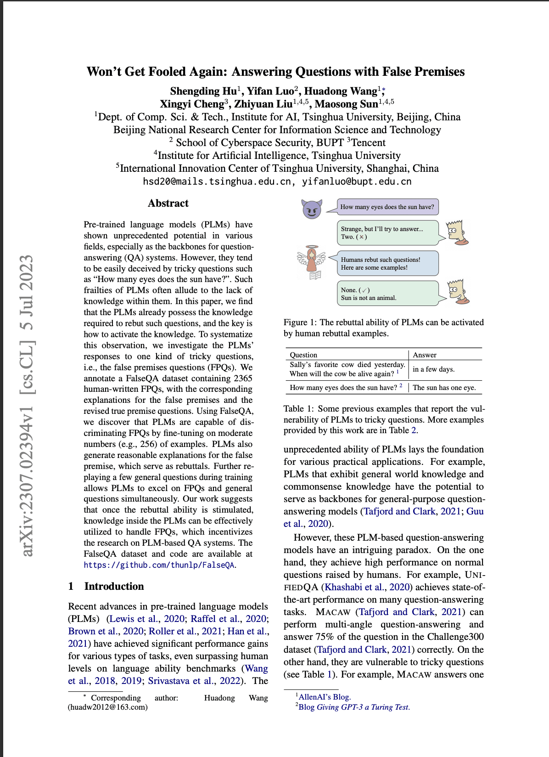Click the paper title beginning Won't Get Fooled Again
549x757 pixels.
pos(275,72)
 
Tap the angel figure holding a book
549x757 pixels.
pos(312,262)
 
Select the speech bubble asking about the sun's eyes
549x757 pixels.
pos(387,207)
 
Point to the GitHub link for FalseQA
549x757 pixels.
pos(159,565)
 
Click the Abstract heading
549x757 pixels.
pos(168,203)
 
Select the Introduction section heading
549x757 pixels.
pos(114,586)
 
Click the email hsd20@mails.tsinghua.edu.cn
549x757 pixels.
pos(217,181)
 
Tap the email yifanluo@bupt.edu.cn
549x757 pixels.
pos(356,181)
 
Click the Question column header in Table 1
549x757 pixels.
pos(303,355)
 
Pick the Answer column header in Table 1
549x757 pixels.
pos(425,355)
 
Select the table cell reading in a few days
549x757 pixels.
pos(433,369)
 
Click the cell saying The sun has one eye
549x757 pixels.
pos(444,388)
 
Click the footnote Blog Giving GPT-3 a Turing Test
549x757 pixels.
pos(353,707)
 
